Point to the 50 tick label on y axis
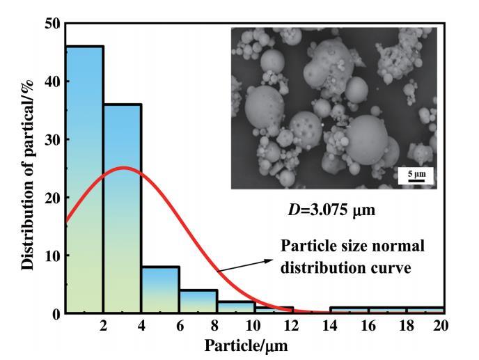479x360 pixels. (x=51, y=24)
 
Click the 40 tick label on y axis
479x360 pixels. (x=51, y=81)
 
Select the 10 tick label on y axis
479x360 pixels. (x=51, y=256)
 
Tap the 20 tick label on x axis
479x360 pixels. (x=439, y=326)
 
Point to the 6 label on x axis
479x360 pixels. (x=180, y=326)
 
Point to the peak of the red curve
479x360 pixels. (x=123, y=168)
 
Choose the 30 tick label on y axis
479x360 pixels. (x=51, y=139)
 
